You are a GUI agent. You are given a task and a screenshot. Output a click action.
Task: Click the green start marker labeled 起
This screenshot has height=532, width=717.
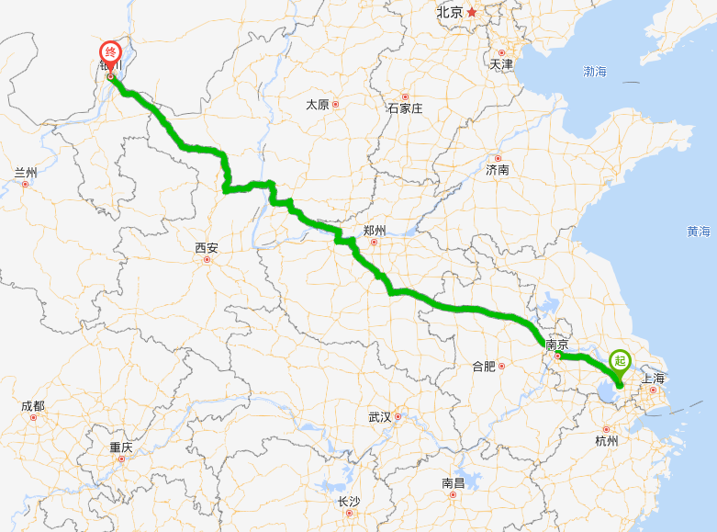click(x=621, y=362)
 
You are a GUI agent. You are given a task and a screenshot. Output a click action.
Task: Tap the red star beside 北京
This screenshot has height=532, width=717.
click(x=472, y=12)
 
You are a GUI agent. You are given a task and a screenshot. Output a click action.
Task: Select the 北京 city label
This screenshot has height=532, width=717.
click(x=450, y=13)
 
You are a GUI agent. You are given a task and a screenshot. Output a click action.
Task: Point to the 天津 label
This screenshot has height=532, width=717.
click(x=501, y=64)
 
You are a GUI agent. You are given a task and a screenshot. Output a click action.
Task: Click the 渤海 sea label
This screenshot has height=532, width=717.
click(x=595, y=71)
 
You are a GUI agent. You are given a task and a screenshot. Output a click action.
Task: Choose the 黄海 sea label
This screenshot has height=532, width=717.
click(x=698, y=232)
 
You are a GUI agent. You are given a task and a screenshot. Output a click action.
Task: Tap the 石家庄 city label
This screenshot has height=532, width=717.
click(x=405, y=108)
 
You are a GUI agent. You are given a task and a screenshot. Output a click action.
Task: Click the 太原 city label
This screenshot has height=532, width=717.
click(x=318, y=105)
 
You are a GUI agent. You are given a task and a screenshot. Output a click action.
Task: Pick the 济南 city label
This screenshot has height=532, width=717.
click(x=498, y=170)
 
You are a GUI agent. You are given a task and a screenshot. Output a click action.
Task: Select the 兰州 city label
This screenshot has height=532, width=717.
click(x=26, y=173)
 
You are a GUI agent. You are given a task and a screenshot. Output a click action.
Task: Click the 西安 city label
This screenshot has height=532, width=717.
click(x=207, y=247)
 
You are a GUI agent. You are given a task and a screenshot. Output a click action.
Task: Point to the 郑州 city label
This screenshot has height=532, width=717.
click(x=375, y=230)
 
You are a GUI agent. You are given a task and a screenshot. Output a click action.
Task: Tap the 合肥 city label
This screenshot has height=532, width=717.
click(x=484, y=366)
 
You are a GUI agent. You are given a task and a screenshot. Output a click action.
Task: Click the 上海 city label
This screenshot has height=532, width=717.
click(x=653, y=378)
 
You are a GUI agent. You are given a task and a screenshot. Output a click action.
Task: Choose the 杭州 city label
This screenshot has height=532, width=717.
click(x=607, y=440)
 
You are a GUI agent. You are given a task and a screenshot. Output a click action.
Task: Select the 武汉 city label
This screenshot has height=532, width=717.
click(x=380, y=416)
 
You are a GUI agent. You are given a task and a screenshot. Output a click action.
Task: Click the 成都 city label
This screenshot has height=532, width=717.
click(x=32, y=406)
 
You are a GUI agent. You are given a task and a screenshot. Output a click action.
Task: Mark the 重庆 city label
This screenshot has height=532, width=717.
click(x=121, y=447)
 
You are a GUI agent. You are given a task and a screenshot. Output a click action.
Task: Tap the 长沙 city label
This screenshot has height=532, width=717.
click(x=349, y=501)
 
